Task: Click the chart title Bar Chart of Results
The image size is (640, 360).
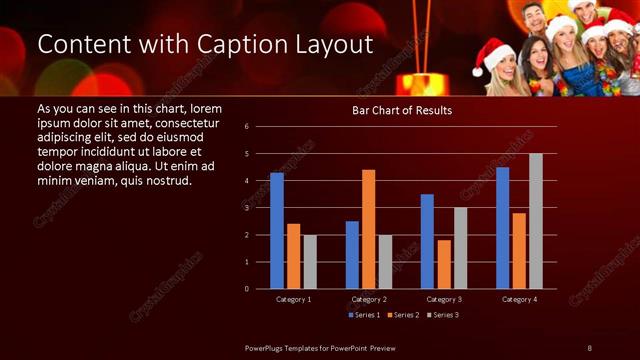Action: (x=401, y=110)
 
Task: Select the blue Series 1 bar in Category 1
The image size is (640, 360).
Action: (x=277, y=231)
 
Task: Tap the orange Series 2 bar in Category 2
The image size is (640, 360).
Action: (x=369, y=229)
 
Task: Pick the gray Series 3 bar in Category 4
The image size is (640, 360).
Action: (x=535, y=221)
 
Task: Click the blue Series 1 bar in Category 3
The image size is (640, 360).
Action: (x=427, y=242)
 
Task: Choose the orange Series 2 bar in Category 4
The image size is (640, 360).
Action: (x=518, y=251)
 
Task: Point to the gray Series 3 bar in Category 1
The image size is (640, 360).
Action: (x=310, y=262)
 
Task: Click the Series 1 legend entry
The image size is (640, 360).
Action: (x=365, y=315)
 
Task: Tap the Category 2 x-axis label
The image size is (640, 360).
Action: (x=369, y=299)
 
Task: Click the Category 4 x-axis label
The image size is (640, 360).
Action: (x=518, y=299)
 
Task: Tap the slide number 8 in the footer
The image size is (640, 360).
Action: (x=590, y=347)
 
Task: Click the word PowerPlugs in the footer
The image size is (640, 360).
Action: (x=268, y=347)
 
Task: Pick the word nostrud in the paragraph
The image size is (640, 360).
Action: (x=163, y=179)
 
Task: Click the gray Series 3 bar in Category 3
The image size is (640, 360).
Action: (x=460, y=248)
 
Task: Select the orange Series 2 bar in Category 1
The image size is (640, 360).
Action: (x=294, y=256)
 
